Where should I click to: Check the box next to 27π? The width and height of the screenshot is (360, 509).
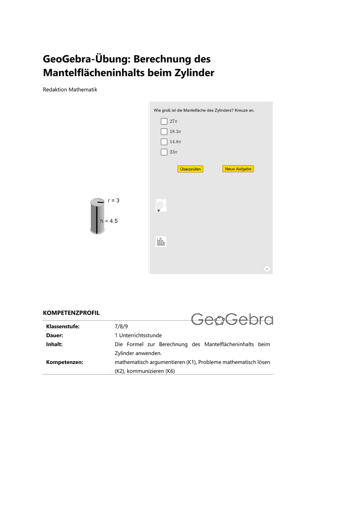(164, 121)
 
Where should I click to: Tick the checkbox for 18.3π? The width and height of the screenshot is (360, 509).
(164, 131)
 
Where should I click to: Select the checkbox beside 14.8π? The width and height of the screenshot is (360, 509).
(164, 142)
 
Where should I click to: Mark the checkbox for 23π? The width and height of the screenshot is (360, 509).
(164, 152)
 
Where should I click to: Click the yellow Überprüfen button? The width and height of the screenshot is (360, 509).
(190, 169)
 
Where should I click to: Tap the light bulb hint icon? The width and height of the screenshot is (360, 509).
(161, 205)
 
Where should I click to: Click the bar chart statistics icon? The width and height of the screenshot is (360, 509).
(161, 242)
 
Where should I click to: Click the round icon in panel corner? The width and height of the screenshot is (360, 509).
(267, 268)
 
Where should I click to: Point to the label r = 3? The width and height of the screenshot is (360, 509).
(114, 200)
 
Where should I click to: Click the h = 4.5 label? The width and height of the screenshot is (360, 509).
(109, 221)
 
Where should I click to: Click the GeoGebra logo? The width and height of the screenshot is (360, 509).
(232, 319)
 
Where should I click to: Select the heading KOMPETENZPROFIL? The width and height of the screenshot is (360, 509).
(71, 313)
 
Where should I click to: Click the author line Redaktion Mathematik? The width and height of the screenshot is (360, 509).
(70, 89)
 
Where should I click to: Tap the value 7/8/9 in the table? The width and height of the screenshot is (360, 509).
(121, 327)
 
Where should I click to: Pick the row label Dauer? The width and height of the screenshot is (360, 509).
(55, 335)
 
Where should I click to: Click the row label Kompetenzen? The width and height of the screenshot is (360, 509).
(64, 362)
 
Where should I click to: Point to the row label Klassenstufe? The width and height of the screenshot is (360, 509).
(63, 327)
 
